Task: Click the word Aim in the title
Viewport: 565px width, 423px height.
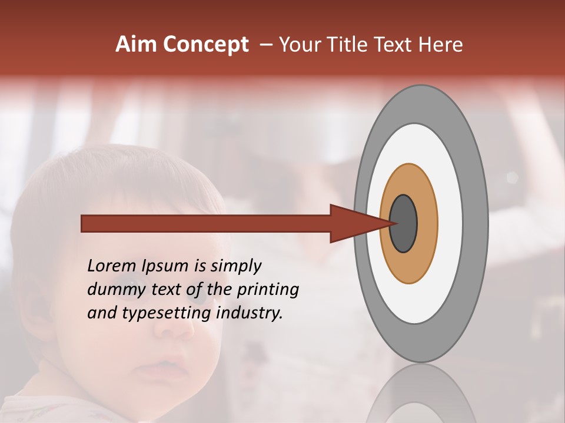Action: click(x=136, y=45)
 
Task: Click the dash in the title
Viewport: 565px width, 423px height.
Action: click(x=265, y=45)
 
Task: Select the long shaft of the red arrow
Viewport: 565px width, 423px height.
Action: click(x=206, y=224)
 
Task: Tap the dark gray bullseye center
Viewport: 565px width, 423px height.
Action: click(x=404, y=223)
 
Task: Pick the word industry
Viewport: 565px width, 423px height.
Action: click(x=250, y=313)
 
